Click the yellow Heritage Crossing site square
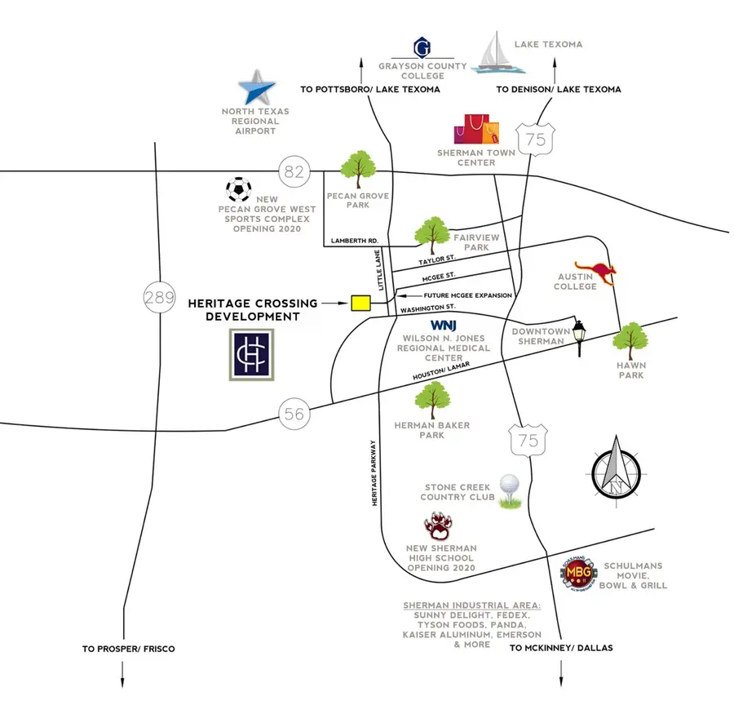[360, 303]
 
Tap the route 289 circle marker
[158, 297]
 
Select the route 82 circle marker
[294, 171]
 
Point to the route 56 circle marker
[294, 414]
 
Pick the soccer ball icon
[238, 190]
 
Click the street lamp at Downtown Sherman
[579, 338]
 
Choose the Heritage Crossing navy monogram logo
[251, 355]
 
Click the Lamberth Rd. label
[354, 242]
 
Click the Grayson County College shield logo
[422, 47]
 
